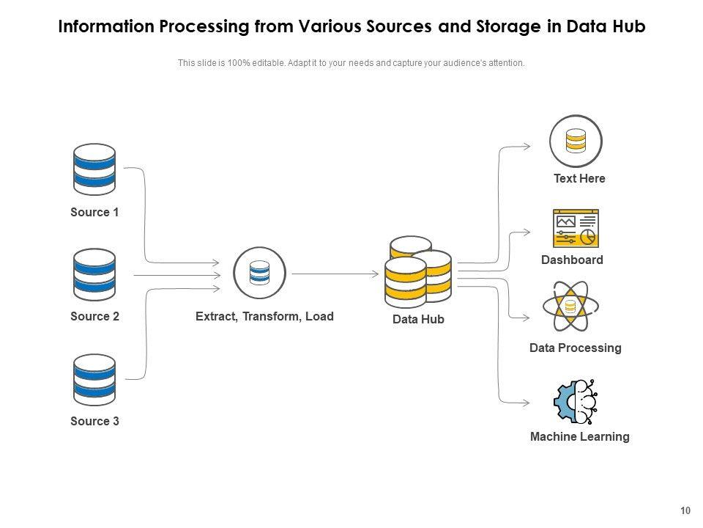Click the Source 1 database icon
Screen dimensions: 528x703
point(94,166)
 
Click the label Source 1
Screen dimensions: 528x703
point(94,213)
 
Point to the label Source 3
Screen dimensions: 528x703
point(94,422)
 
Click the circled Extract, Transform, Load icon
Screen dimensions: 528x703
point(259,274)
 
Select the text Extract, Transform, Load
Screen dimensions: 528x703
point(264,317)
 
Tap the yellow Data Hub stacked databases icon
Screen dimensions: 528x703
point(418,272)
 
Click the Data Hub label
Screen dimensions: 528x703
point(418,320)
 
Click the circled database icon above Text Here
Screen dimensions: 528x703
point(576,141)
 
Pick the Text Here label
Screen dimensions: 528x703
point(579,178)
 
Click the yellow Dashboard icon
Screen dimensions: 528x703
point(576,228)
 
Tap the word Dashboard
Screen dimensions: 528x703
point(572,260)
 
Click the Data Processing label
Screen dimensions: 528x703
point(575,348)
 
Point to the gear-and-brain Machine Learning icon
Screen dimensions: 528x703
point(576,402)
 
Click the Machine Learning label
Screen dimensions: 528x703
point(579,437)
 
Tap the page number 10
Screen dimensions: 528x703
point(685,511)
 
